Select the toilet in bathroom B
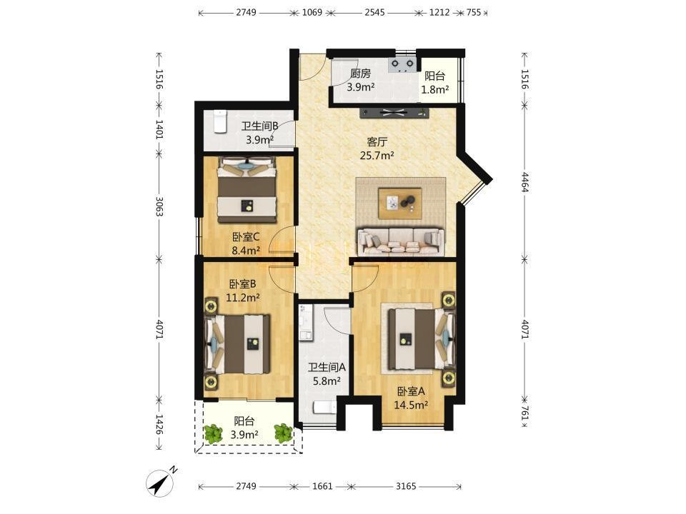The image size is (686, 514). (219, 121)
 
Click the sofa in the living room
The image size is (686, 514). (401, 241)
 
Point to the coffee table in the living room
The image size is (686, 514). (400, 203)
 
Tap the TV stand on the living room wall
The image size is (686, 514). (394, 112)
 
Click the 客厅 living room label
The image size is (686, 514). (377, 142)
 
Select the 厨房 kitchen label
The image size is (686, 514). (360, 74)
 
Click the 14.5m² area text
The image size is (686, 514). (411, 405)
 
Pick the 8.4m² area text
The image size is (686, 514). (246, 251)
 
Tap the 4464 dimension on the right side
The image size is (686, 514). (525, 182)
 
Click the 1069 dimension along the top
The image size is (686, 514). (312, 12)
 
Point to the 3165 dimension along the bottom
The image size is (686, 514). (406, 486)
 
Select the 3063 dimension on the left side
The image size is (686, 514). (159, 206)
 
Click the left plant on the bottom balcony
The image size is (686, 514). (214, 433)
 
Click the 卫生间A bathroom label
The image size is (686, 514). (327, 368)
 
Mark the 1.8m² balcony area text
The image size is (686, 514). (435, 90)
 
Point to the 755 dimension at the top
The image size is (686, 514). (473, 12)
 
